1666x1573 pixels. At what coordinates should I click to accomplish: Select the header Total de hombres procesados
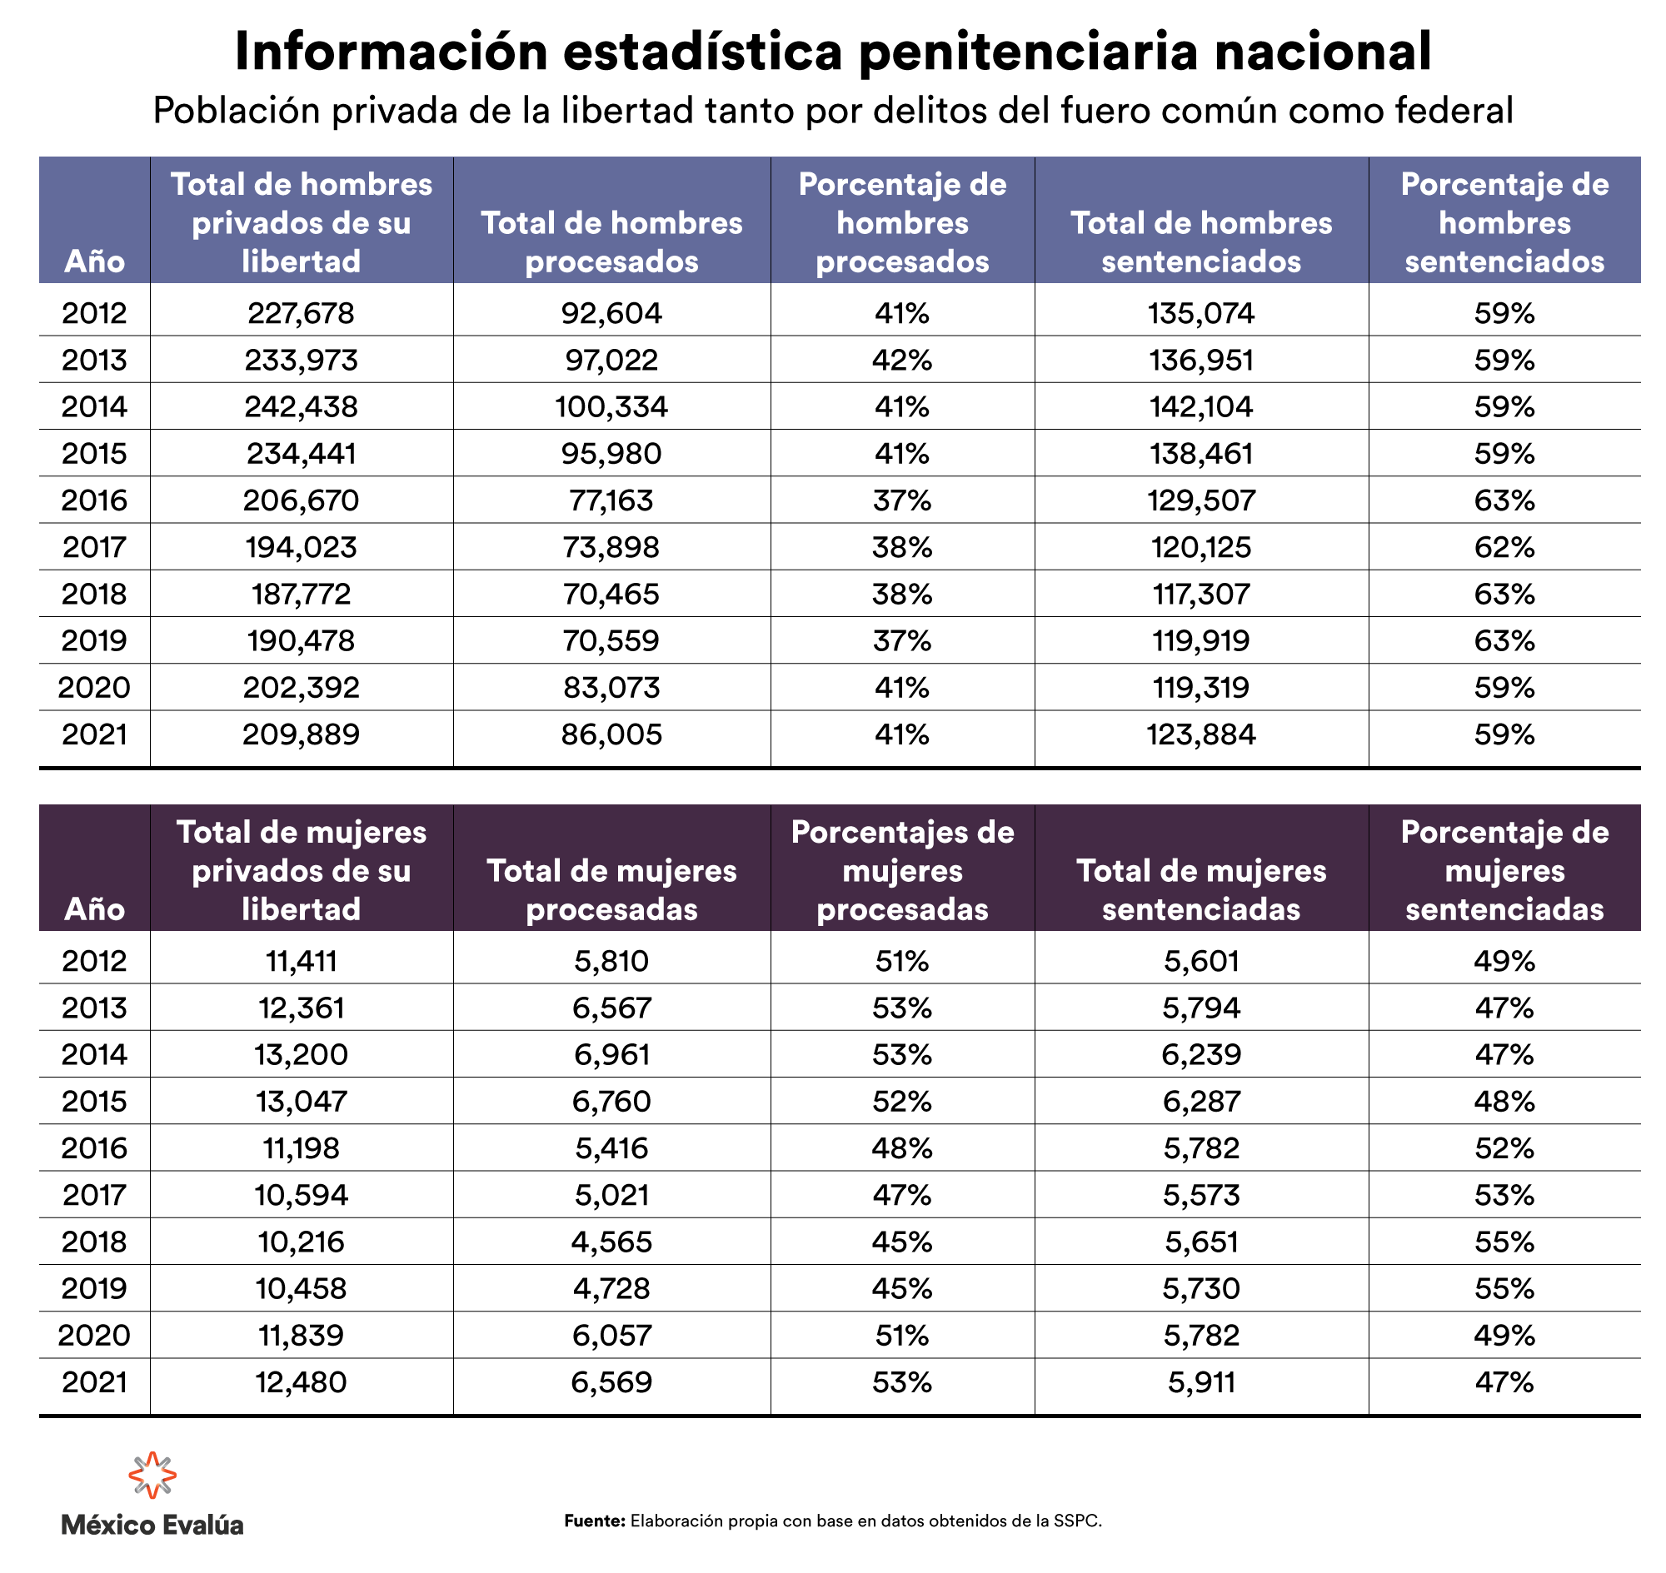(611, 241)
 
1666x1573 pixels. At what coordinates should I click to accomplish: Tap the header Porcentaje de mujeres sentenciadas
(1504, 869)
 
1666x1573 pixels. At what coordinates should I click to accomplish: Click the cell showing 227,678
(301, 313)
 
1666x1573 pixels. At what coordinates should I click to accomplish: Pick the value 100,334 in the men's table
(611, 406)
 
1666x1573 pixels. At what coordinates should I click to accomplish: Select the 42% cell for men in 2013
(902, 360)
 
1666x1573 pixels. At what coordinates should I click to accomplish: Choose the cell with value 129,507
(1201, 500)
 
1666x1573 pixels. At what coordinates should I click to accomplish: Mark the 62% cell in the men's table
(1504, 548)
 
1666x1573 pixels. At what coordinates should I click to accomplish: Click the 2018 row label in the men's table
(94, 595)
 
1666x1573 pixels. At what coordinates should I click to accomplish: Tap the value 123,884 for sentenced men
(1201, 734)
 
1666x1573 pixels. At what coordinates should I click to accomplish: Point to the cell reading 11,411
(301, 961)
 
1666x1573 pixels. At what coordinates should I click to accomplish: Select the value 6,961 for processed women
(611, 1054)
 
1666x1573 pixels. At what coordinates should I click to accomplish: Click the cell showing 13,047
(301, 1101)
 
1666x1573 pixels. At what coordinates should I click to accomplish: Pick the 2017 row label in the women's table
(94, 1195)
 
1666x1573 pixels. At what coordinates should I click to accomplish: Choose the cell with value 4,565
(611, 1242)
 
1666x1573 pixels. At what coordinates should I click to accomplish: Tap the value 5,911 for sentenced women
(1201, 1381)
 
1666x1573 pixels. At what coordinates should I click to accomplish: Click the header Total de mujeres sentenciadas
(1201, 889)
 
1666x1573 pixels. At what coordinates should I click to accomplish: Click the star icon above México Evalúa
(152, 1475)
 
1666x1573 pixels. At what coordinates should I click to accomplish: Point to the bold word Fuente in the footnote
(594, 1521)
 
